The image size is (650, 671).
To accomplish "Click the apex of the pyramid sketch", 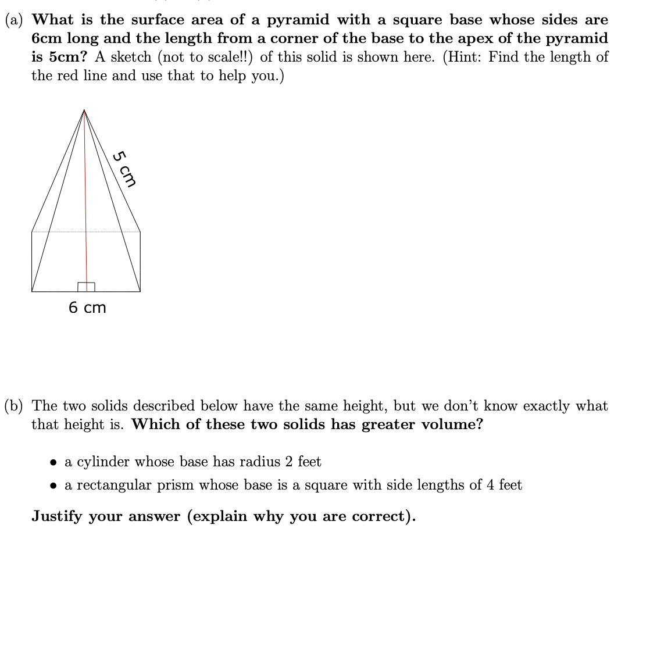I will [x=84, y=109].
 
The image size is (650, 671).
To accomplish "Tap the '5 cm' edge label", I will [x=124, y=169].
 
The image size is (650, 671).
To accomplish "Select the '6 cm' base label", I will [x=87, y=308].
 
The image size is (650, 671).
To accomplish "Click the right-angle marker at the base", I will [x=86, y=287].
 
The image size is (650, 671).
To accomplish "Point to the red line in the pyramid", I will [x=85, y=204].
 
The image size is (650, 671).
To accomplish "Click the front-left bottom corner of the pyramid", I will [x=32, y=291].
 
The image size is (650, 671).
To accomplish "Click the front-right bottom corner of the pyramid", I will [x=140, y=291].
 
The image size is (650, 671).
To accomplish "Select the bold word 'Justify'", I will [x=57, y=516].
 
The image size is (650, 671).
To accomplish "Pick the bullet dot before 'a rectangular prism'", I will [x=53, y=486].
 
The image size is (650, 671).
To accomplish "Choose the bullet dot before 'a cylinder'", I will [x=53, y=463].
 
